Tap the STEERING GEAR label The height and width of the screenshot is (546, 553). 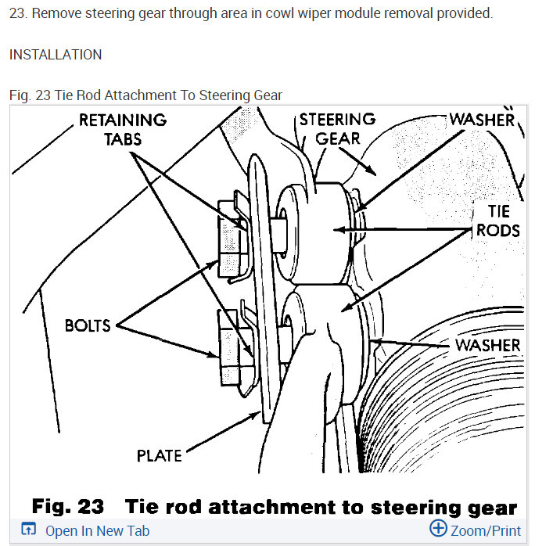[338, 129]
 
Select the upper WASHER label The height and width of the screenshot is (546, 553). [482, 120]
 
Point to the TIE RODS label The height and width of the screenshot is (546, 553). [498, 221]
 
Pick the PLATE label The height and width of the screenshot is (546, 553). [160, 455]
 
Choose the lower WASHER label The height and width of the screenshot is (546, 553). [488, 345]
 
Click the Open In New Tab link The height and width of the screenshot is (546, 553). [97, 530]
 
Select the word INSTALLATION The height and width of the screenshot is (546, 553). [56, 55]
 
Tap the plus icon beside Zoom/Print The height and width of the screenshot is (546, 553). [438, 530]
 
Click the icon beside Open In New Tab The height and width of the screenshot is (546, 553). [29, 530]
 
